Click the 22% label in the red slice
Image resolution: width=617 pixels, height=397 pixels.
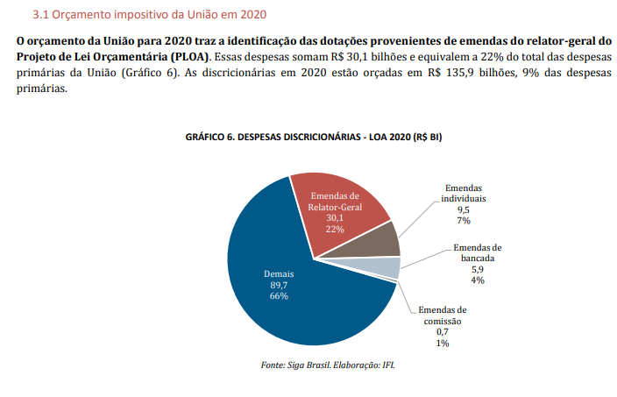pyautogui.click(x=335, y=229)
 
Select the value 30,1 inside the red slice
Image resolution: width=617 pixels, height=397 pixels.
pyautogui.click(x=335, y=218)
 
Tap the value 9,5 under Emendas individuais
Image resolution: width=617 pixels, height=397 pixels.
pyautogui.click(x=464, y=210)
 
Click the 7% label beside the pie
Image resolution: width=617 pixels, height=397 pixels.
pyautogui.click(x=464, y=222)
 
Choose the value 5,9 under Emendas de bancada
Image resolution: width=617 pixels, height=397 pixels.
pyautogui.click(x=479, y=269)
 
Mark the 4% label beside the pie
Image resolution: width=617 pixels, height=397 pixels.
pyautogui.click(x=479, y=280)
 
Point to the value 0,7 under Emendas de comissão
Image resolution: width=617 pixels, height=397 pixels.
pyautogui.click(x=442, y=332)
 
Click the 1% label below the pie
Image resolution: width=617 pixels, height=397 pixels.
pyautogui.click(x=442, y=344)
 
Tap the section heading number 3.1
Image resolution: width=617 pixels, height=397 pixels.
pyautogui.click(x=40, y=16)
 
